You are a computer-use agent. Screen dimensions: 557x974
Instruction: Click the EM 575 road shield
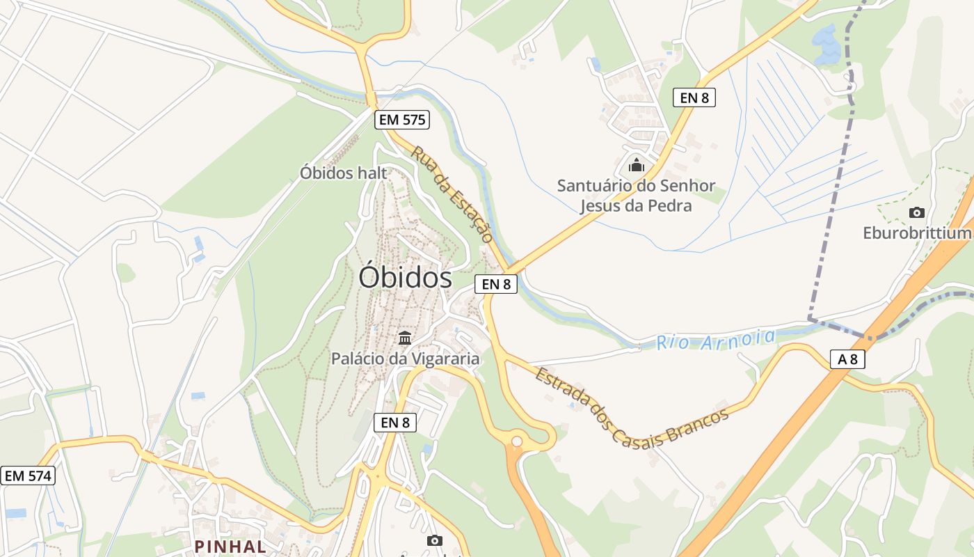[x=401, y=120]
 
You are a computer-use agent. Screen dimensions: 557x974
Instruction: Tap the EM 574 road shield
[x=28, y=476]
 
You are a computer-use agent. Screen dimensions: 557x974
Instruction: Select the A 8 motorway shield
[x=847, y=359]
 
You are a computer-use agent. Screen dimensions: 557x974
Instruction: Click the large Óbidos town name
[x=405, y=278]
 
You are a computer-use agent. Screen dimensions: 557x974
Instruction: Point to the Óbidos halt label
[x=343, y=173]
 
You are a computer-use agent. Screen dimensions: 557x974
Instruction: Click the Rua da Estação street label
[x=452, y=193]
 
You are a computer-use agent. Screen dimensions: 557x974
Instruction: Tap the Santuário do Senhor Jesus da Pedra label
[x=636, y=196]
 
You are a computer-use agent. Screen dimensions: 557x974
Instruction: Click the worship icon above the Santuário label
[x=636, y=166]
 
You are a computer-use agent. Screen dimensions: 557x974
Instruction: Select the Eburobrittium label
[x=917, y=233]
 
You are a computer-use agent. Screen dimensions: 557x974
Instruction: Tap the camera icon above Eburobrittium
[x=917, y=212]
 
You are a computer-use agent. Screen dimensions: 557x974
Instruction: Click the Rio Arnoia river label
[x=716, y=340]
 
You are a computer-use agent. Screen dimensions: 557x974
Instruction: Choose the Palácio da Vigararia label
[x=405, y=359]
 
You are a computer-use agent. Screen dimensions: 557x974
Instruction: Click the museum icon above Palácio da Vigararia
[x=405, y=338]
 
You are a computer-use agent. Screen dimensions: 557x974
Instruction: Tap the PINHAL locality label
[x=230, y=547]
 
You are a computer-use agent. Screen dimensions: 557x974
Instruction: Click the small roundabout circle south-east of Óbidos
[x=516, y=441]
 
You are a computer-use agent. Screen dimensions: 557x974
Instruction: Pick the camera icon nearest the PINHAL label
[x=434, y=540]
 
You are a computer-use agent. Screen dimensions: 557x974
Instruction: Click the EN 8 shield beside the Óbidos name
[x=496, y=283]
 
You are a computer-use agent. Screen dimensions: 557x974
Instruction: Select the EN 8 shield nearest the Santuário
[x=694, y=97]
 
